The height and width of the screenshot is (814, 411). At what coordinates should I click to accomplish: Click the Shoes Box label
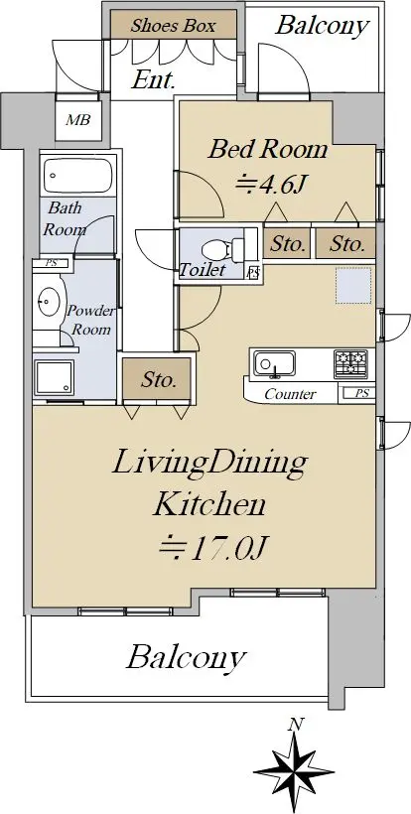173,26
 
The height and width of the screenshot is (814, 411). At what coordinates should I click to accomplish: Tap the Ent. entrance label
153,79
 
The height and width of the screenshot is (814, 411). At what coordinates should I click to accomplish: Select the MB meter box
77,120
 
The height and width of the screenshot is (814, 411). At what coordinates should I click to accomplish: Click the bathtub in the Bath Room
78,176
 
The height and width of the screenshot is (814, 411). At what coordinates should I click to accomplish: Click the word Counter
290,394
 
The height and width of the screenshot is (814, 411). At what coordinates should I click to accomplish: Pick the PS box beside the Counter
357,393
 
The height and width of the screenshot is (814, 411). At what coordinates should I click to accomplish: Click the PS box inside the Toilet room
253,273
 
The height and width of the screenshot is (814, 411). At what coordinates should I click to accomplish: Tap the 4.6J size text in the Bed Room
269,185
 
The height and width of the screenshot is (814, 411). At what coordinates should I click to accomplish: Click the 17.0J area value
212,550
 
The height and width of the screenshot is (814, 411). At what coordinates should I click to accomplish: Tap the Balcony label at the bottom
186,657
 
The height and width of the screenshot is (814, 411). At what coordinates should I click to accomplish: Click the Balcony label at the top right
323,25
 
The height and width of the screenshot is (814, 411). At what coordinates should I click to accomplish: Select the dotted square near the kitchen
353,285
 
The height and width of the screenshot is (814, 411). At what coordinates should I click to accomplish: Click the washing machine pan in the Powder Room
55,377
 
